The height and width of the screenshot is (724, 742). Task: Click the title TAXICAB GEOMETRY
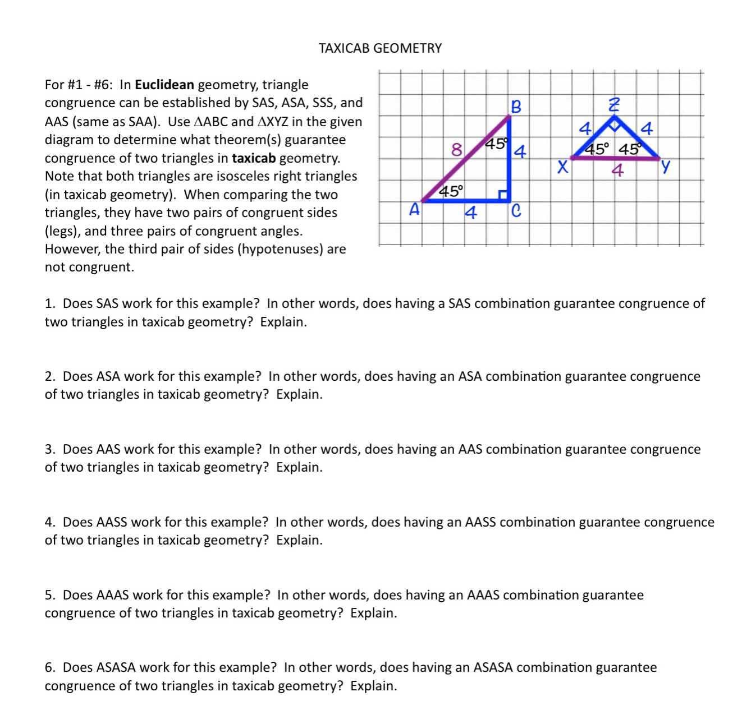380,48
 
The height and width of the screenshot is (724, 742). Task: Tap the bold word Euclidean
164,85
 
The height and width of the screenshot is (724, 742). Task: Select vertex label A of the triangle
414,210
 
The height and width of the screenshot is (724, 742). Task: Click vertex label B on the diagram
516,107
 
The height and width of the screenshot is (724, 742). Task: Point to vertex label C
516,211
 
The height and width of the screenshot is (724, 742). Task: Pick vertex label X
562,167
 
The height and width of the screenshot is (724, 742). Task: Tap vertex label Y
665,166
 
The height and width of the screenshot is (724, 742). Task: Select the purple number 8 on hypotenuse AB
457,149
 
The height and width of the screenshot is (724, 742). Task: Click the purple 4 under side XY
617,170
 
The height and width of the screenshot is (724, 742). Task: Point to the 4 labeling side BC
520,151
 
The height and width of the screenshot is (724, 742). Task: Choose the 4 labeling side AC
471,213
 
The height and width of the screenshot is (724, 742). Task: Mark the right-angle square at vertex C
504,195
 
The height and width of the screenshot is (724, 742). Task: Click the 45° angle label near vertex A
451,191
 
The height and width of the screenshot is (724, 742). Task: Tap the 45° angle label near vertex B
496,144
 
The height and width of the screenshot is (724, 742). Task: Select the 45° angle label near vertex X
596,149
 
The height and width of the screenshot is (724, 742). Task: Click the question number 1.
49,304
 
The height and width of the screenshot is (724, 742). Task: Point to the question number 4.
49,523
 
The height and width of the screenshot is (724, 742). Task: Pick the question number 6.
49,668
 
